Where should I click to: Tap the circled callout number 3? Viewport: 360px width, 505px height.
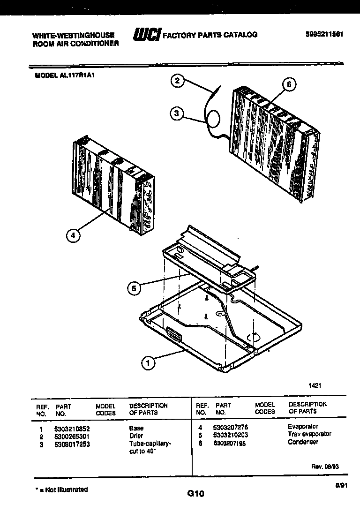(176, 113)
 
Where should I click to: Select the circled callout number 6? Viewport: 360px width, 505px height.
(289, 84)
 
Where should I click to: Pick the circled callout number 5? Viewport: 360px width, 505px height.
(134, 288)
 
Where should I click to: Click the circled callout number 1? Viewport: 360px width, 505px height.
(148, 362)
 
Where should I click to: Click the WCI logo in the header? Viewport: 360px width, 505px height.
(147, 35)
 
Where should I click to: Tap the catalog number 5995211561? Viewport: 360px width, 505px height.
(324, 34)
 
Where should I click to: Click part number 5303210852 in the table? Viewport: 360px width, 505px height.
(73, 429)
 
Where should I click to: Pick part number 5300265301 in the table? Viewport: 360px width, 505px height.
(73, 436)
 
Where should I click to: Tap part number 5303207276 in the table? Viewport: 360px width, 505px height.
(230, 428)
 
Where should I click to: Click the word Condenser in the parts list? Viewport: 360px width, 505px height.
(303, 442)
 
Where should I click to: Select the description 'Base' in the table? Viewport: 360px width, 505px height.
(136, 429)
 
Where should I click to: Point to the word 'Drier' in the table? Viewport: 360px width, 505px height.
(136, 436)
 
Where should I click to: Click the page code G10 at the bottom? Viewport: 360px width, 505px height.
(195, 493)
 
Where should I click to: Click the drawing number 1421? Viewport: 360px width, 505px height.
(315, 385)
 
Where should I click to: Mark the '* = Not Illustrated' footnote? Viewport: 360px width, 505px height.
(61, 490)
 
